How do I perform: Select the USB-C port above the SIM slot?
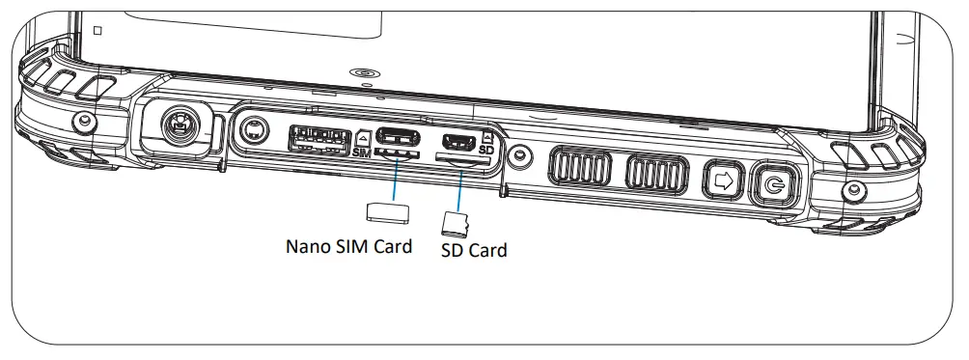(398, 135)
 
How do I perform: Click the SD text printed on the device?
(486, 152)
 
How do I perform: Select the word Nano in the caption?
(308, 246)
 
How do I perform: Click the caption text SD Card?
(473, 251)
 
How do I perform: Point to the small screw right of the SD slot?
(520, 153)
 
